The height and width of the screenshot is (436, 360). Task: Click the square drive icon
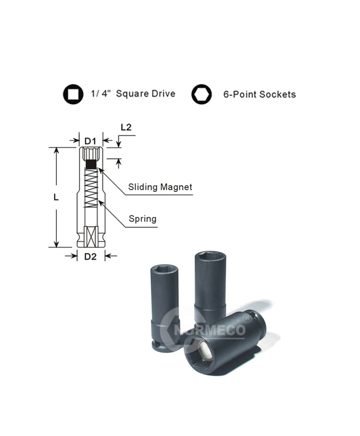[72, 94]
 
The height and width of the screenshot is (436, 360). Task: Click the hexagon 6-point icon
[201, 94]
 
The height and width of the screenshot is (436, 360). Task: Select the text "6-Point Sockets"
[260, 94]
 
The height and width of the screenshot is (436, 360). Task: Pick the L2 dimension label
[126, 128]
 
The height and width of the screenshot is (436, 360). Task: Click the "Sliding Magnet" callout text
[160, 187]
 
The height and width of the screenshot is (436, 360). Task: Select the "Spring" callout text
[142, 219]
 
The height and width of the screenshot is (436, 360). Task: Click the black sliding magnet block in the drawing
[92, 164]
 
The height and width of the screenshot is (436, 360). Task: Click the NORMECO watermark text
[210, 330]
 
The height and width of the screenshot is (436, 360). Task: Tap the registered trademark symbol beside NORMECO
[248, 316]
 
